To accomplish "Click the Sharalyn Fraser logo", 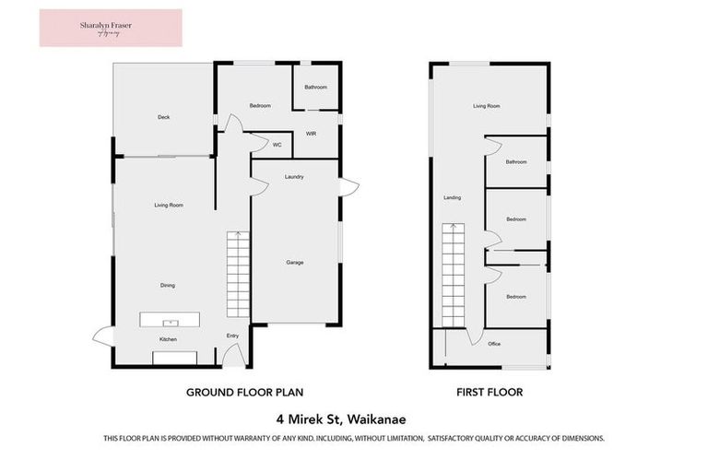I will [111, 28].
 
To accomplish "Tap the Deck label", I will [163, 117].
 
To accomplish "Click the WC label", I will [277, 145].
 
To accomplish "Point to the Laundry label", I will [294, 176].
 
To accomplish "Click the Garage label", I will [294, 263].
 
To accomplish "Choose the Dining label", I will [168, 286].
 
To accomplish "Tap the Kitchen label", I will [168, 340].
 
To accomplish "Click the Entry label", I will [232, 336].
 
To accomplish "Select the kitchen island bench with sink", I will [170, 321].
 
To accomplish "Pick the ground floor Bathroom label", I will [316, 87].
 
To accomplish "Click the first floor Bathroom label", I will [515, 161].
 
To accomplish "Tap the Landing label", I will [452, 197].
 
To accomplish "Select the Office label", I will [494, 344].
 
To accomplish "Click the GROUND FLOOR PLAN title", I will [244, 392].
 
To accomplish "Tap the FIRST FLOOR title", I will [490, 392].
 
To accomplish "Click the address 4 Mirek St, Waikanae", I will [354, 418].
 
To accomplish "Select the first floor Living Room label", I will [486, 107].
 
